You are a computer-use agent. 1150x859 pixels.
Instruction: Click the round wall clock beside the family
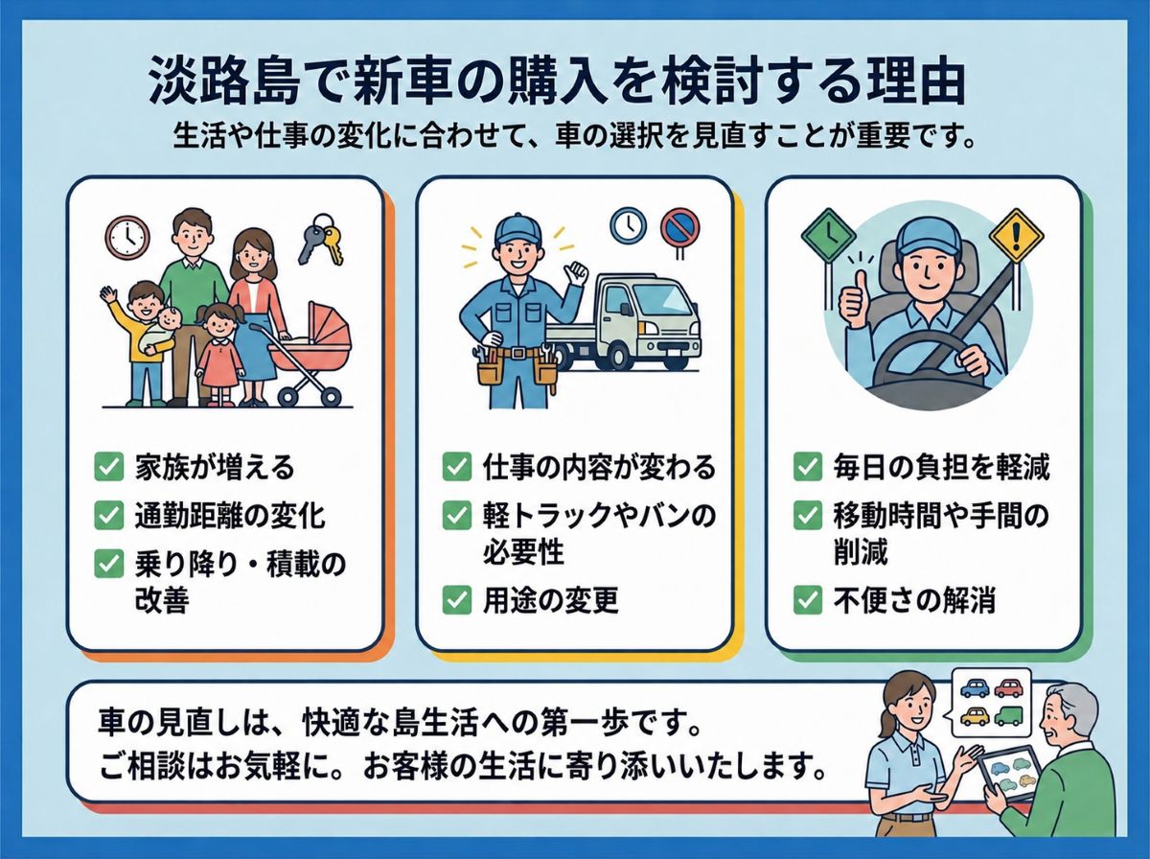click(x=127, y=238)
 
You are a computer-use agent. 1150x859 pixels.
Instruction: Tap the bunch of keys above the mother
click(x=320, y=239)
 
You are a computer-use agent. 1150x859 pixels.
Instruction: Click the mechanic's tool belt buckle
click(x=518, y=353)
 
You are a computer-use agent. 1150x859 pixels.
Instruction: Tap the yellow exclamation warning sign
click(x=1016, y=236)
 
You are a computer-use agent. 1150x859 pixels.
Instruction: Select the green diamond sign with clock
click(x=828, y=236)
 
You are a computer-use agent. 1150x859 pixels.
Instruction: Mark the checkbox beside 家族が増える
click(x=109, y=467)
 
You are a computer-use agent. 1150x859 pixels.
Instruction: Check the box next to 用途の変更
click(x=457, y=600)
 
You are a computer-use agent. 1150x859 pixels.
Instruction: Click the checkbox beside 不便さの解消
click(x=807, y=600)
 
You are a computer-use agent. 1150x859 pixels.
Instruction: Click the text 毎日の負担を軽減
click(x=941, y=467)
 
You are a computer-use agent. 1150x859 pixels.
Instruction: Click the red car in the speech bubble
click(x=1007, y=687)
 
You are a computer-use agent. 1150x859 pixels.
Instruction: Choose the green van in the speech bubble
click(x=1007, y=716)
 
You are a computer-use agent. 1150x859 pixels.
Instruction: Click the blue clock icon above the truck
click(x=628, y=226)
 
